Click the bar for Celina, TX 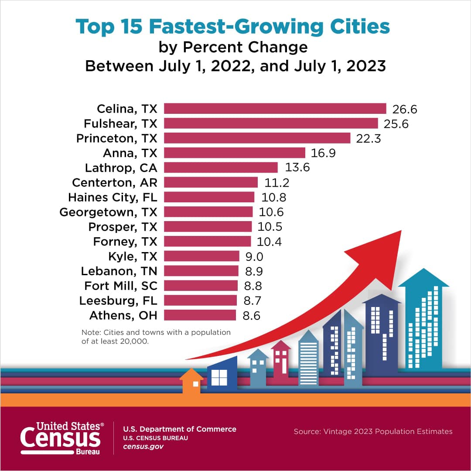275,109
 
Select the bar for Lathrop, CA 221,167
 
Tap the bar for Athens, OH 200,315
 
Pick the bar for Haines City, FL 209,197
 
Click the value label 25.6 396,124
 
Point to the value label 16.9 323,153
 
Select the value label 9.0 254,256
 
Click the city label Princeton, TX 116,138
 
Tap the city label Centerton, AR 114,182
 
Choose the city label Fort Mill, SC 120,286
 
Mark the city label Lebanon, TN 119,271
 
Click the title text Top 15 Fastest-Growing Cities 232,27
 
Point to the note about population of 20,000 156,337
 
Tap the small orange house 191,381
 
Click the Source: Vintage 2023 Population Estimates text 373,431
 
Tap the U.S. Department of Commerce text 179,429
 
